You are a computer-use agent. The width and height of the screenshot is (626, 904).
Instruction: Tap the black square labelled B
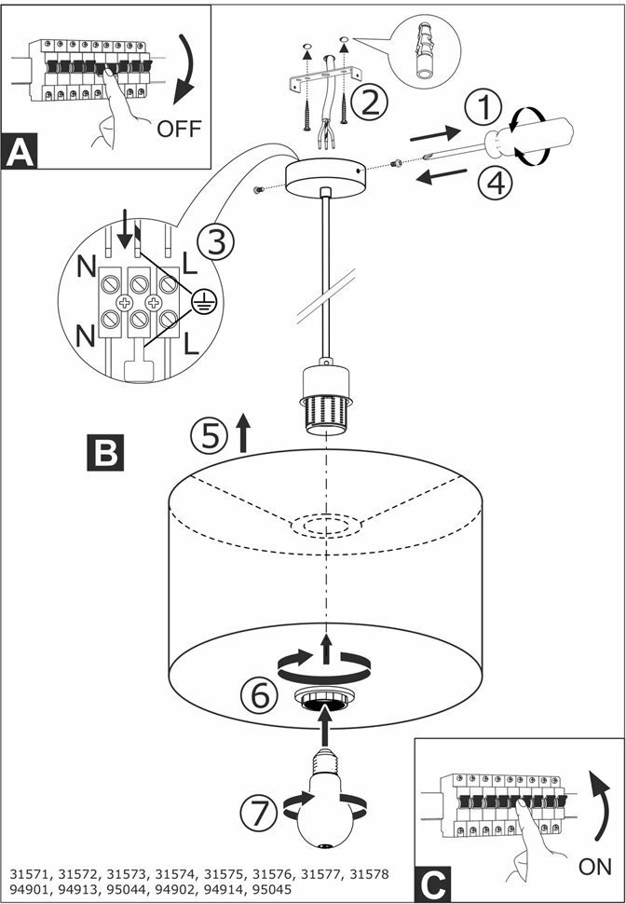click(104, 451)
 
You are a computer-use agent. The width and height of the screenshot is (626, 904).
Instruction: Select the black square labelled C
click(433, 882)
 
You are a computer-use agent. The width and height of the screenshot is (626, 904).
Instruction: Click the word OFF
click(179, 128)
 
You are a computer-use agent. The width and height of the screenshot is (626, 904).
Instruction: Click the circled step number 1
click(483, 110)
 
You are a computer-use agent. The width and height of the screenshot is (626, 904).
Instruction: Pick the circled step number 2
click(370, 102)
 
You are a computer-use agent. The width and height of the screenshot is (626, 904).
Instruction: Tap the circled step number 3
click(216, 243)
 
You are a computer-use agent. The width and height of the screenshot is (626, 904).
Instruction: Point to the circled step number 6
click(257, 694)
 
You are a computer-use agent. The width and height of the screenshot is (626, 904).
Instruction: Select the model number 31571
click(33, 874)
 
